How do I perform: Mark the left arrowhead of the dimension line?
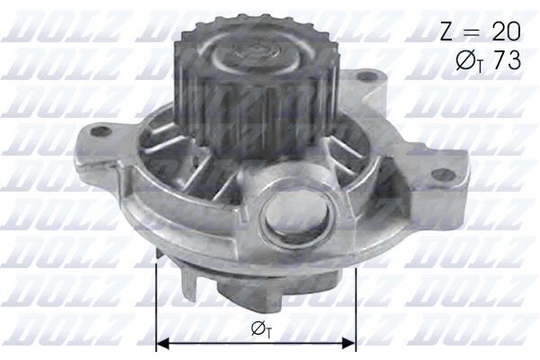pos(163,343)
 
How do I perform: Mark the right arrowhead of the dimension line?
pos(352,343)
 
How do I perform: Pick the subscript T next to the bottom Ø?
pos(267,333)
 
